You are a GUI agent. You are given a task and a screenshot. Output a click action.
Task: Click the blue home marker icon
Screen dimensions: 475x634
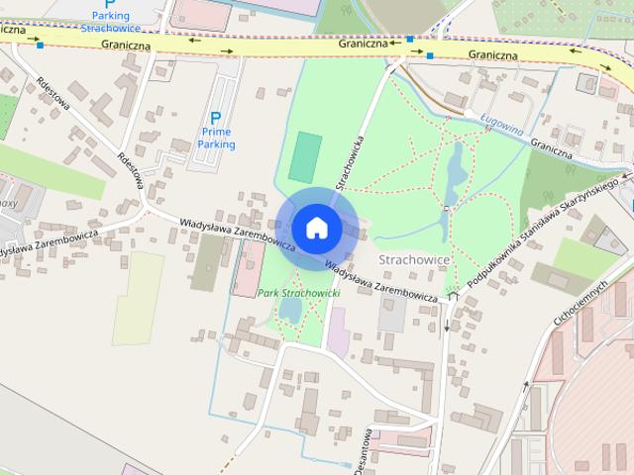pos(316,228)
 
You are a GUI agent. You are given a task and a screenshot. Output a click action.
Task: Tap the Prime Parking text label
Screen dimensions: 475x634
pos(217,138)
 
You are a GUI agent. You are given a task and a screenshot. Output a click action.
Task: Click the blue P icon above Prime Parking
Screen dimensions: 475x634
pos(216,118)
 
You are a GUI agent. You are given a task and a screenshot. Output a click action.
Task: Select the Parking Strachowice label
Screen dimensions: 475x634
pos(110,21)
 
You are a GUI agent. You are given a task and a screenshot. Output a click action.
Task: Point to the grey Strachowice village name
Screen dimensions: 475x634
pos(415,259)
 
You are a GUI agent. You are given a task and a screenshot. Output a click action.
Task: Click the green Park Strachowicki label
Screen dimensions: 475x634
pos(299,294)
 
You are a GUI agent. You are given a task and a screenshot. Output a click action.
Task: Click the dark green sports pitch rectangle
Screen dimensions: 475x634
pos(305,156)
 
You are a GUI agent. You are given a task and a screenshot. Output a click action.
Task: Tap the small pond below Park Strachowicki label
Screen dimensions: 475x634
pos(290,311)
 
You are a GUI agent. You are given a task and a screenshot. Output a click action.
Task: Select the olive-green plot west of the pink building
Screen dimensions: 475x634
pos(209,262)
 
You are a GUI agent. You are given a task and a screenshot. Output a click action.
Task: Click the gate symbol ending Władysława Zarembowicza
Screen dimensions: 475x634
pos(454,295)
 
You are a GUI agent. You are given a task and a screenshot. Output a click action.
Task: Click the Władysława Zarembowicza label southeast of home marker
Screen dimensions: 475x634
pos(381,282)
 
